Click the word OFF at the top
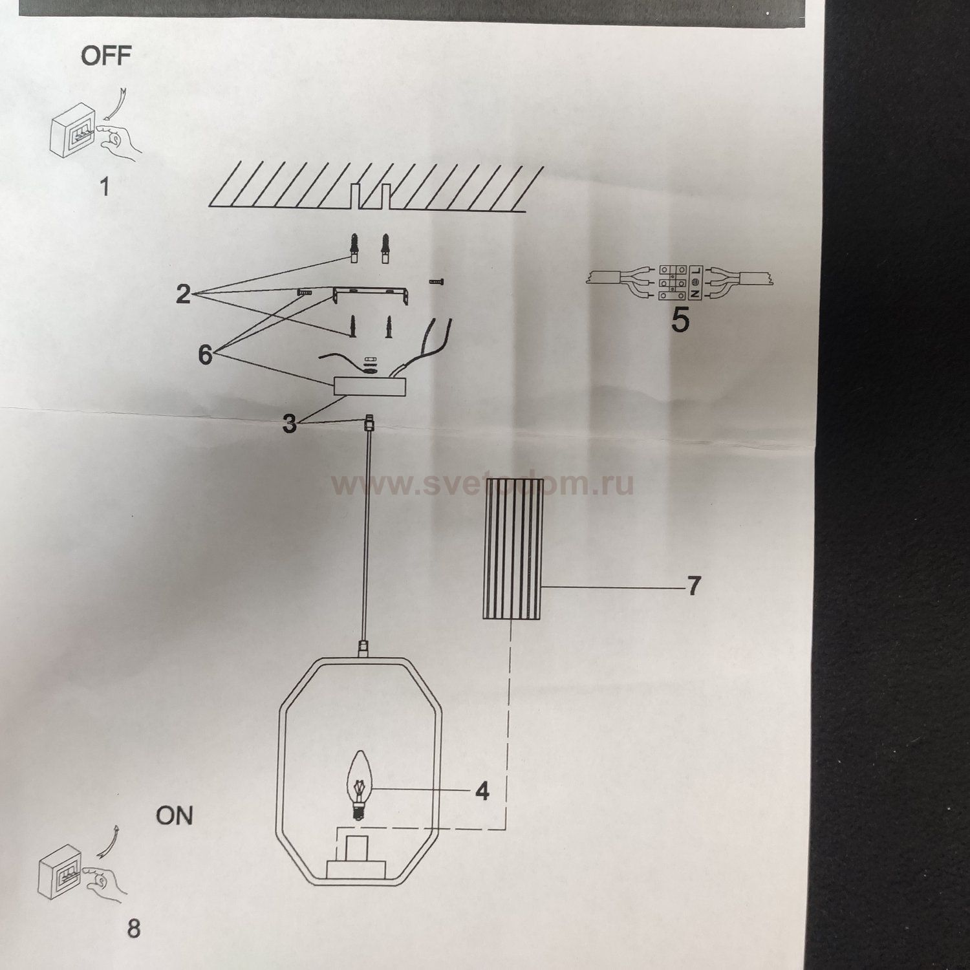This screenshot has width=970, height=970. point(105,56)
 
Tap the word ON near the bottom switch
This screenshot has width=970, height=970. point(174,815)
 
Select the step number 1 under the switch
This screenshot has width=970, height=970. point(104,187)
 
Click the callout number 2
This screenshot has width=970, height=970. point(183,295)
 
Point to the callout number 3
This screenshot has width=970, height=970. point(289,424)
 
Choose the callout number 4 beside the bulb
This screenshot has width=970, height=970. point(482,791)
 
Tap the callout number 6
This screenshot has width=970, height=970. point(205,354)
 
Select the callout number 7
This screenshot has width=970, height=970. point(693,586)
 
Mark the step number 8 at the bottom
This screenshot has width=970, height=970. point(134,929)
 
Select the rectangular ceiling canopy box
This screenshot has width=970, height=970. point(368,387)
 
